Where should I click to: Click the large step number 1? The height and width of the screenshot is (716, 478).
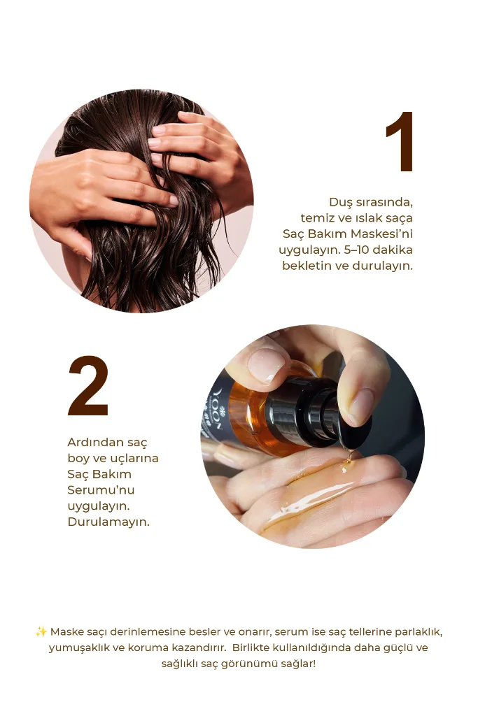(400, 141)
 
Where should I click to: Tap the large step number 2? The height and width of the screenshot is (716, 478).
(88, 386)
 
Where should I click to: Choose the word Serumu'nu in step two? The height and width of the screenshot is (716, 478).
(101, 490)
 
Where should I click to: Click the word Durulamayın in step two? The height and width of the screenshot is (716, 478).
(108, 522)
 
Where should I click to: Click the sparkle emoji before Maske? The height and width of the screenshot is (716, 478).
(41, 632)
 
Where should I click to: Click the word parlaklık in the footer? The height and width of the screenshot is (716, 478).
(418, 632)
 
